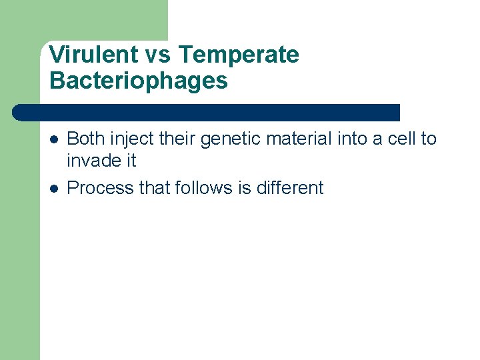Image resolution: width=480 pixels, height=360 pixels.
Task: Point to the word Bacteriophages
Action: click(x=139, y=81)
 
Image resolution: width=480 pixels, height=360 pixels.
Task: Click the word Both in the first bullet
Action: click(x=87, y=139)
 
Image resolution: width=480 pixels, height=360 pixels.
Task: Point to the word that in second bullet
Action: click(x=154, y=188)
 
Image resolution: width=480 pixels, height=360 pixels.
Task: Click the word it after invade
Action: click(x=130, y=161)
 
